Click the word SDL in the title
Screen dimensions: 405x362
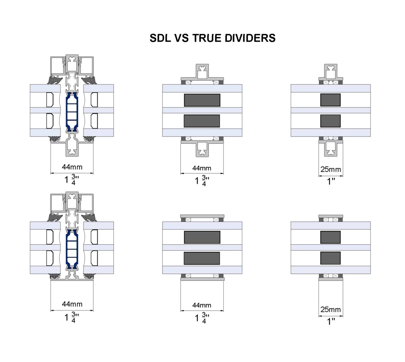pos(161,38)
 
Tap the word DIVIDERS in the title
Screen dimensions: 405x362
pos(250,38)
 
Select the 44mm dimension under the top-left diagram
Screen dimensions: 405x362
pos(72,167)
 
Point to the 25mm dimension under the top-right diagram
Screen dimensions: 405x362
pos(331,170)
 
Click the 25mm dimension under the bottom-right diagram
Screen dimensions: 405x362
pos(331,309)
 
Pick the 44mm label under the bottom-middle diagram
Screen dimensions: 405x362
pos(202,305)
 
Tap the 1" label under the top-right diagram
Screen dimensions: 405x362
pos(331,181)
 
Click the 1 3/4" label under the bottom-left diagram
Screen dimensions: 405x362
pos(72,317)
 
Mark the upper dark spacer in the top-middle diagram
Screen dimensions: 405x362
pos(202,100)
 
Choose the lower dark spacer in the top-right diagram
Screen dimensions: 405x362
pos(330,121)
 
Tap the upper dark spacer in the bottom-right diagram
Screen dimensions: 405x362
pos(330,237)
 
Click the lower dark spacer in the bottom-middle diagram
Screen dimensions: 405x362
pos(202,258)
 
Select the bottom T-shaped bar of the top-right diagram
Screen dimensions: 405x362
pos(331,149)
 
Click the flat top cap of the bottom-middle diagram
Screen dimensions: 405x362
pos(202,216)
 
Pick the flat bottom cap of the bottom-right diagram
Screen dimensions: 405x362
pos(331,279)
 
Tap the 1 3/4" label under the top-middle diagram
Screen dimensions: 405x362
pos(202,181)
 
